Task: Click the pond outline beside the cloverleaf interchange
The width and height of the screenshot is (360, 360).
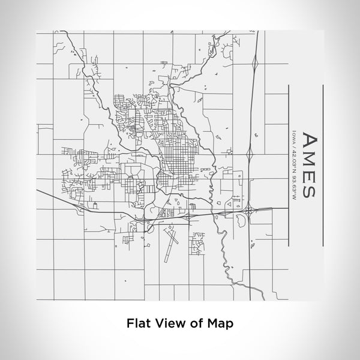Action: click(x=242, y=221)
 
